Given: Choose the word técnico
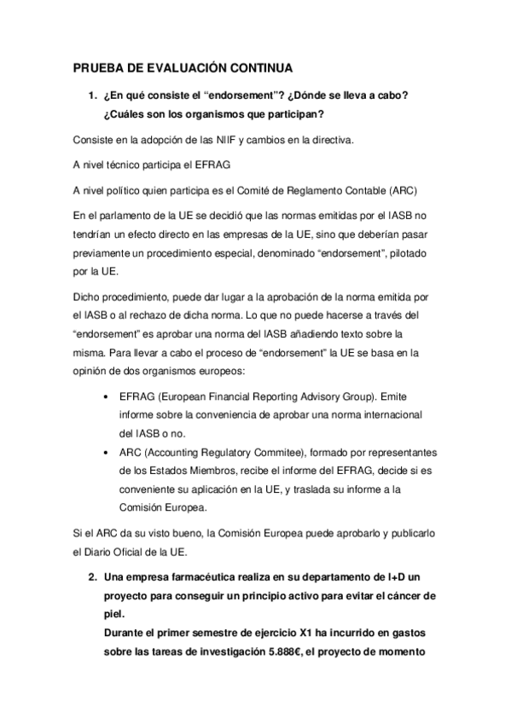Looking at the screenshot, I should point(125,163).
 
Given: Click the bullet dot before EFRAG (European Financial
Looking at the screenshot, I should point(104,396).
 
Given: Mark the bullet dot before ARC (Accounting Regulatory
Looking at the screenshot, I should point(104,452).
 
